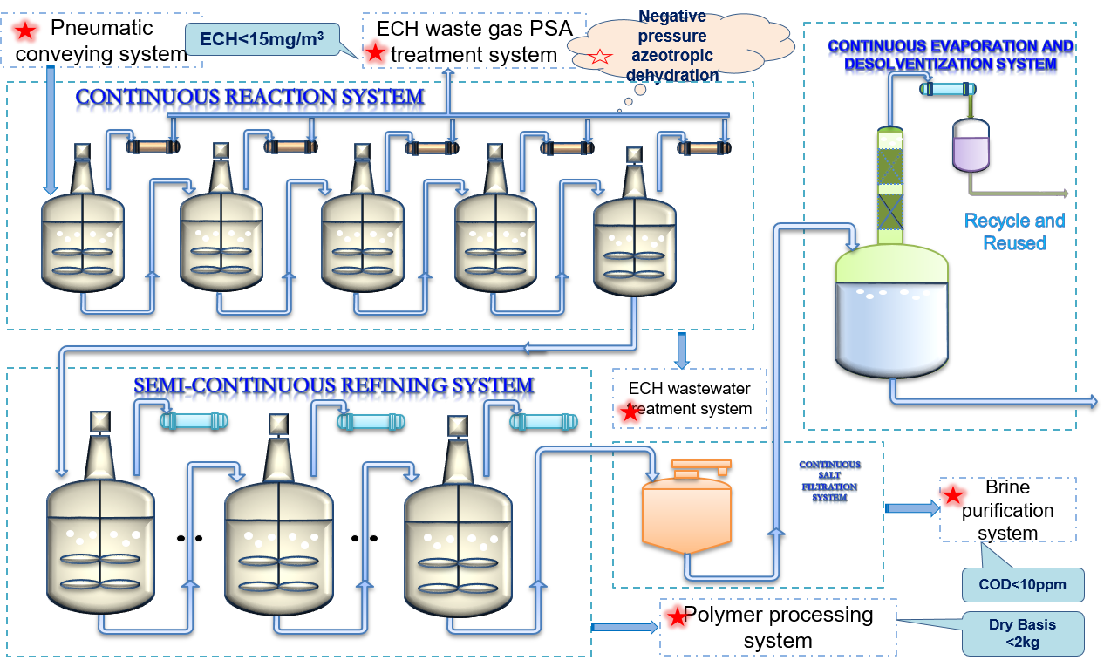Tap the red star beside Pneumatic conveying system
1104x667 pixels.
(x=26, y=31)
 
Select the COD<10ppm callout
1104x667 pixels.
(x=1023, y=584)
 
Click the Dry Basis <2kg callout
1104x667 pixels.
(x=1023, y=634)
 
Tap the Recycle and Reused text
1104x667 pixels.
(x=1014, y=232)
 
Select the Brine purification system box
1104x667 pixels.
(x=1007, y=510)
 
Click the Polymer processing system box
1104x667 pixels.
(x=778, y=628)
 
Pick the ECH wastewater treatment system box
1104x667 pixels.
(x=689, y=398)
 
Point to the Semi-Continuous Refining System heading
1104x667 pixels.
(x=333, y=386)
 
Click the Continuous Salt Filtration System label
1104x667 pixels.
(x=829, y=481)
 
